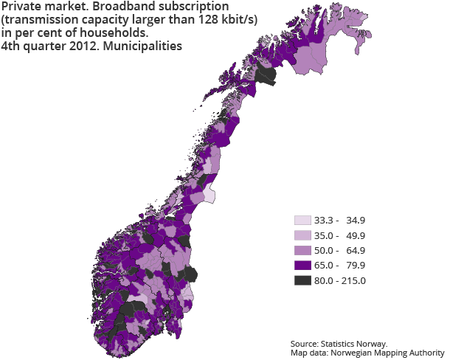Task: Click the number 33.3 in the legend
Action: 325,221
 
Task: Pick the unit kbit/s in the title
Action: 235,20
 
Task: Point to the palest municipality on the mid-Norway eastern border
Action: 209,194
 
